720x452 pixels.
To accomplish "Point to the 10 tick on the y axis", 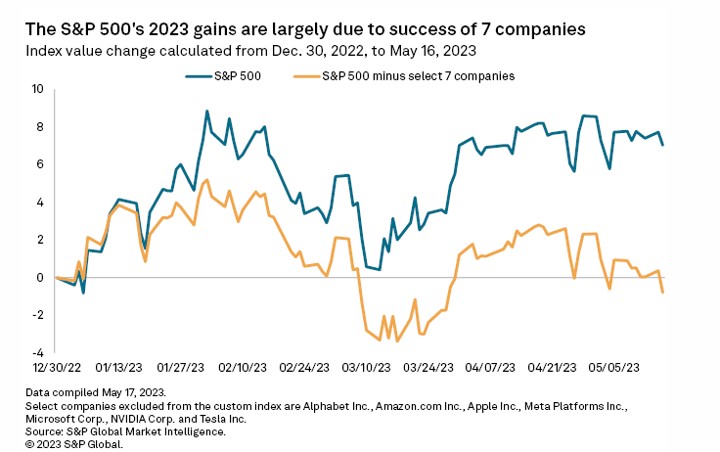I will click(38, 89).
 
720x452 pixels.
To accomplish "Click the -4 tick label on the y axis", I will click(38, 352).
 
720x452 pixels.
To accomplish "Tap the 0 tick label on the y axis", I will click(40, 277).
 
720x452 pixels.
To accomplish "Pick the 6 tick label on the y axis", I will click(40, 164).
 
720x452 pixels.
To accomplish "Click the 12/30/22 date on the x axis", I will click(56, 370).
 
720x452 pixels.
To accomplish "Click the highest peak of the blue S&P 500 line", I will click(207, 112).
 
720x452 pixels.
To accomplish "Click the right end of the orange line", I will click(663, 292).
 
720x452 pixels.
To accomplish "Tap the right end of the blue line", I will click(663, 145).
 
